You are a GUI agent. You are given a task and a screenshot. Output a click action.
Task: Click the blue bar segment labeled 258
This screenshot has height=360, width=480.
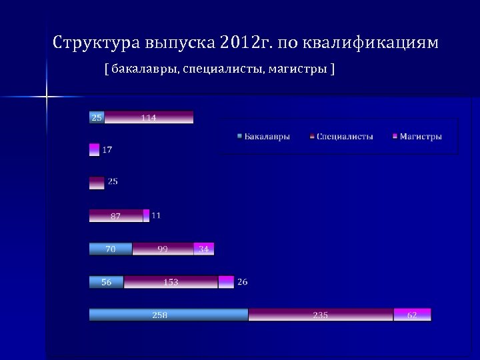click(169, 315)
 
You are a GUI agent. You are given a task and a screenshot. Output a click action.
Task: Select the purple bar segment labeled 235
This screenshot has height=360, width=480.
click(321, 315)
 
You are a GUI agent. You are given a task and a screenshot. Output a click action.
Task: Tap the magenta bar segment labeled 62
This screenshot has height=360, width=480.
click(413, 315)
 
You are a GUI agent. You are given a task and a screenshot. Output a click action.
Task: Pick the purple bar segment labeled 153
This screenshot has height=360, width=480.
click(171, 282)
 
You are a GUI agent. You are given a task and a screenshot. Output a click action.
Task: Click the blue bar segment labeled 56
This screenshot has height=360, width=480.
click(107, 282)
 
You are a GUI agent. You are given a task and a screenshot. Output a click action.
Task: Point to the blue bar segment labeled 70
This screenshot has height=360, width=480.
click(111, 249)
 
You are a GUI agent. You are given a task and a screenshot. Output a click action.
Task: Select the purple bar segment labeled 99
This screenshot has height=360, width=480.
click(163, 249)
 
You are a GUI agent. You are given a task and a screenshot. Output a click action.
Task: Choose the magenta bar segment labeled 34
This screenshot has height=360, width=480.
click(204, 249)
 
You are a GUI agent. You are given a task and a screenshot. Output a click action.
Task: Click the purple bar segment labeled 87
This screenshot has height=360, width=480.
click(116, 215)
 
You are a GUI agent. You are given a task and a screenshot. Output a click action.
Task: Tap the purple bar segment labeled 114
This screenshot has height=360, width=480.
click(149, 117)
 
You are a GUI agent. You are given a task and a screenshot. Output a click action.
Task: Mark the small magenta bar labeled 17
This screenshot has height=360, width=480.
click(94, 150)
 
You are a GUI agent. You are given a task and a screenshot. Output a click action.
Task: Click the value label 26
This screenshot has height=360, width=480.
click(242, 282)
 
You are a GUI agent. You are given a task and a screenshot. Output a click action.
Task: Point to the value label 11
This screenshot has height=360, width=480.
click(156, 215)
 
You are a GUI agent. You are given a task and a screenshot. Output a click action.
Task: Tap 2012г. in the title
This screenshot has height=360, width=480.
click(245, 44)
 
